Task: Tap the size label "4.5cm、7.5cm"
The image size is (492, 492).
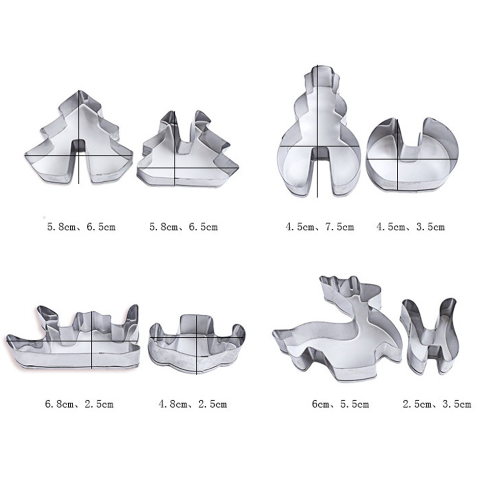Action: (x=320, y=227)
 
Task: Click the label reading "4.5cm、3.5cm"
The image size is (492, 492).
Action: (x=410, y=227)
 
